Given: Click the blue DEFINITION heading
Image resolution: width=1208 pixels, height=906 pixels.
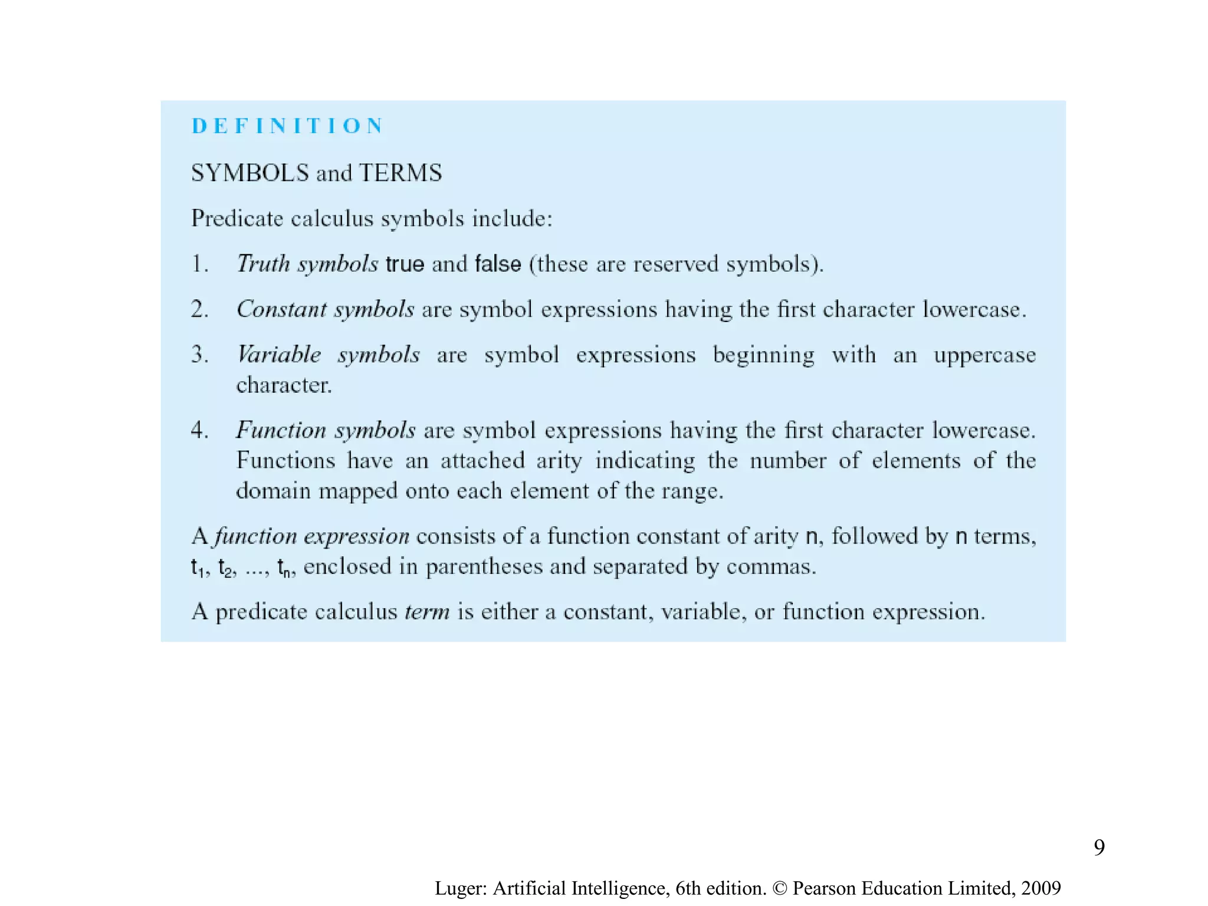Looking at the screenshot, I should [288, 126].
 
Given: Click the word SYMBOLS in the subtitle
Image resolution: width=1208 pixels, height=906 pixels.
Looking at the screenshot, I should [250, 173].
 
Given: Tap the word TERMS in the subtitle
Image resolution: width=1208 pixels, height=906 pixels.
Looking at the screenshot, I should [401, 173].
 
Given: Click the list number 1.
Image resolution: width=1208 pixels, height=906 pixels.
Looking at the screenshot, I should [199, 264].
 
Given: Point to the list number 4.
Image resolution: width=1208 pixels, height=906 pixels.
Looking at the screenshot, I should [199, 430].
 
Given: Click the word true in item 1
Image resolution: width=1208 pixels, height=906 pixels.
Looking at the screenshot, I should [405, 264].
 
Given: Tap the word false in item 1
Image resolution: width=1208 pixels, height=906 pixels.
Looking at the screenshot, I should [498, 264].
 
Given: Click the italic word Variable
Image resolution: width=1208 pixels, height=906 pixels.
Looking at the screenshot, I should [278, 354].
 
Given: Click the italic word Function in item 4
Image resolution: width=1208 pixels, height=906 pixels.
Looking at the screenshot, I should [281, 430].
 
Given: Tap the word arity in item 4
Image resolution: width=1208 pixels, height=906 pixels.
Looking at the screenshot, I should [559, 461].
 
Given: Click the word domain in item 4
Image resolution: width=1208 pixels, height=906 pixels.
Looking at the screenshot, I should [273, 491].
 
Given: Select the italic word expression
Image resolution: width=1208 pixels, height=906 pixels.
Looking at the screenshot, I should [356, 536].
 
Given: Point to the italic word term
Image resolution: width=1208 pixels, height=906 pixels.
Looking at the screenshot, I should [427, 612].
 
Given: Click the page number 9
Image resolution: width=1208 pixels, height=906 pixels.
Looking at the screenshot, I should [1099, 848].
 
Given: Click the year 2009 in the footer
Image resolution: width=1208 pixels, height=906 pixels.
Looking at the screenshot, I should [1041, 888].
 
